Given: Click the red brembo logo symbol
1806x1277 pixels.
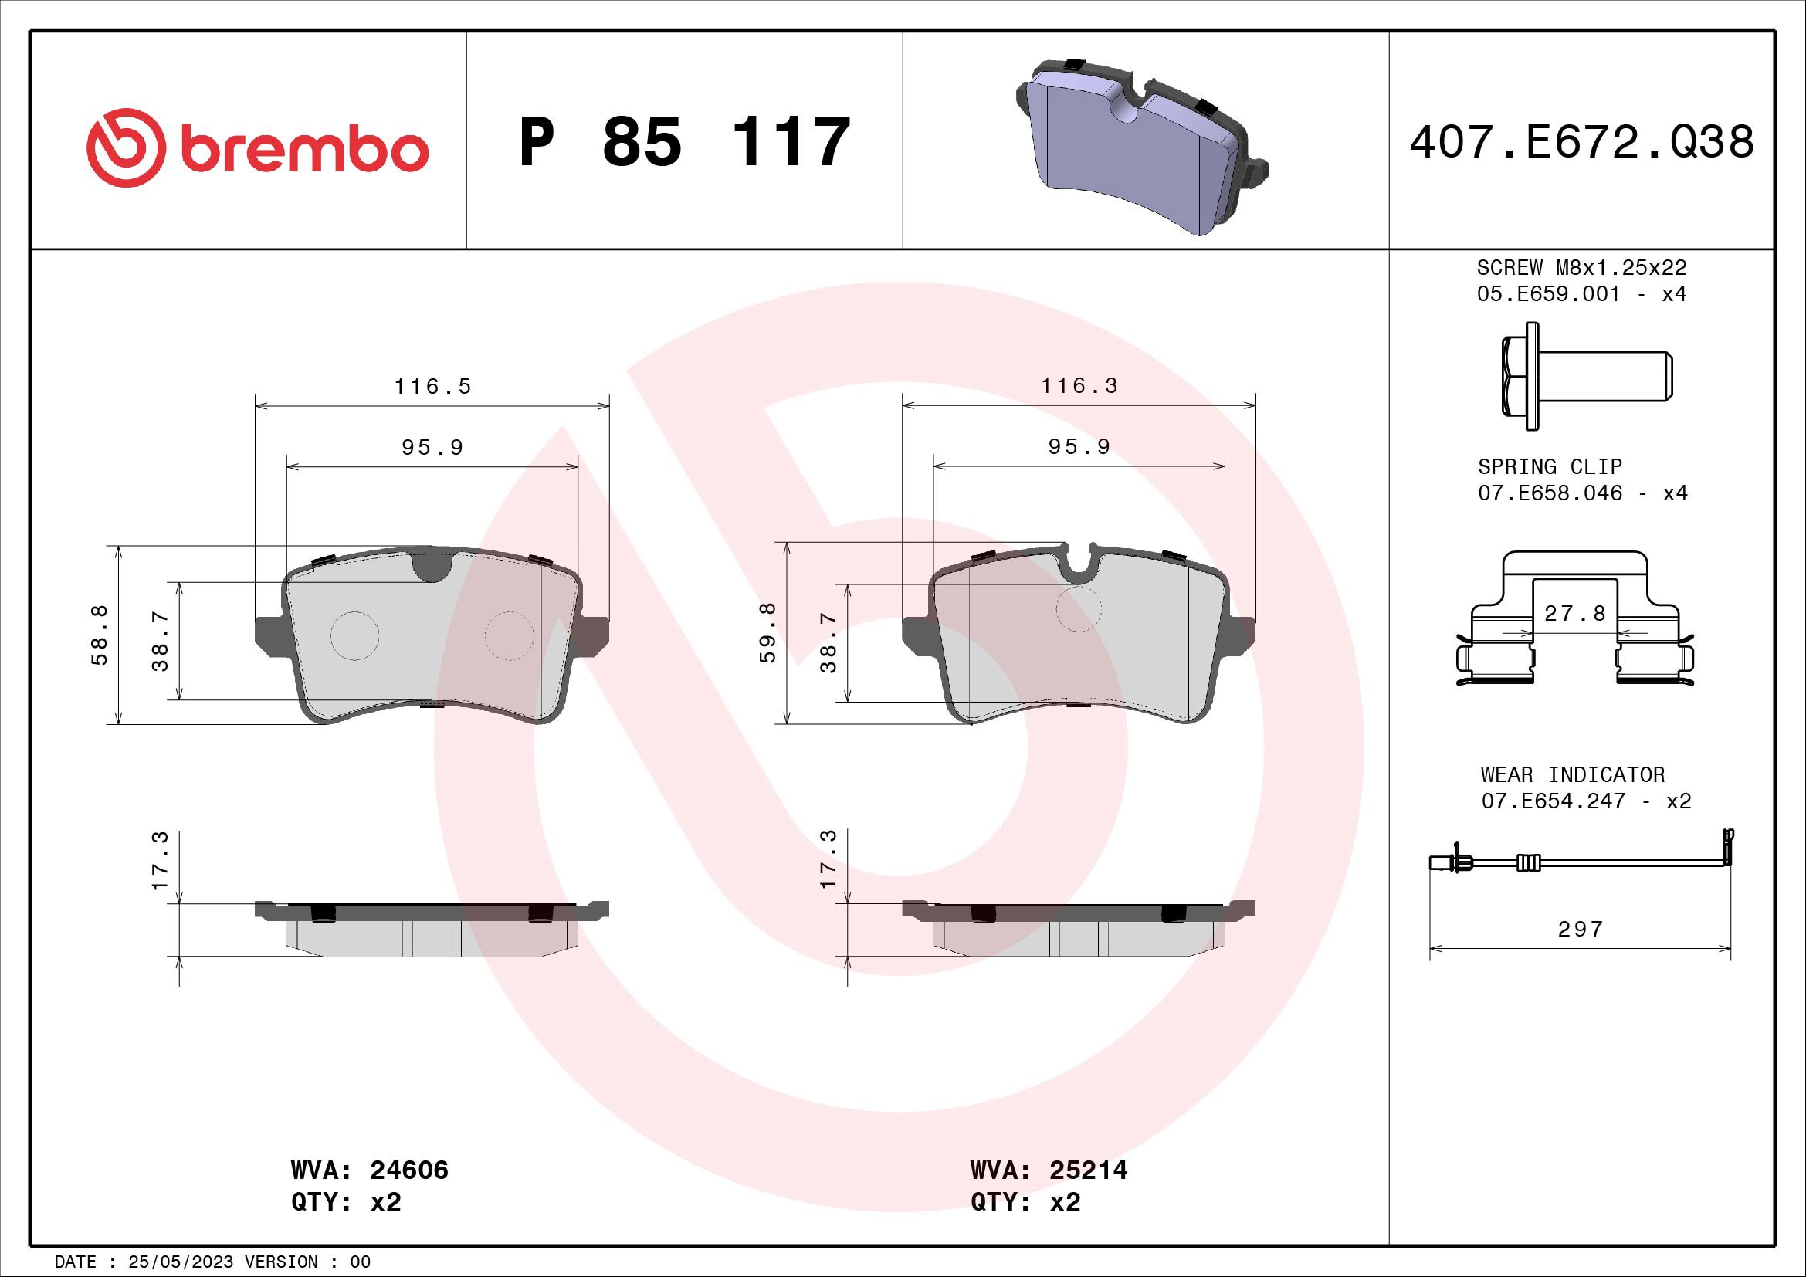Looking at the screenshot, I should click(x=126, y=147).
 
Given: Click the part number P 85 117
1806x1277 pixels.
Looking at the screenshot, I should click(x=684, y=142).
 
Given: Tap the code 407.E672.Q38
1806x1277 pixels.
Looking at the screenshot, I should click(x=1581, y=142).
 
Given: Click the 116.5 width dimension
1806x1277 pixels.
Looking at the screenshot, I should click(x=432, y=387).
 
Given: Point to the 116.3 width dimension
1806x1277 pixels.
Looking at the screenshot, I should click(x=1079, y=386).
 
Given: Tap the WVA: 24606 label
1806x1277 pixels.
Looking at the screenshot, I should click(x=369, y=1170).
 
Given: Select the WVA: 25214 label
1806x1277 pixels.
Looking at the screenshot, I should click(x=1049, y=1170).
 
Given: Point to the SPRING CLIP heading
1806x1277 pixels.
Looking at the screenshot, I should click(x=1550, y=466).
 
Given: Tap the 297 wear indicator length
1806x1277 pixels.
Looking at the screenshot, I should click(x=1580, y=930).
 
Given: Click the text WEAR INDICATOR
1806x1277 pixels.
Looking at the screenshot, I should click(x=1572, y=774).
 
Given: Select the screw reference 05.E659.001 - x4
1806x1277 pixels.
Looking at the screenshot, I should click(x=1581, y=294).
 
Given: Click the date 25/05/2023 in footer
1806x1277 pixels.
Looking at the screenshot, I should click(x=180, y=1262).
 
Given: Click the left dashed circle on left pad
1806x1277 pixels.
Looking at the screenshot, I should click(x=354, y=635).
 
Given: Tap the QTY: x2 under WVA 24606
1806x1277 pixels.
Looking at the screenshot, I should click(x=345, y=1202).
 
